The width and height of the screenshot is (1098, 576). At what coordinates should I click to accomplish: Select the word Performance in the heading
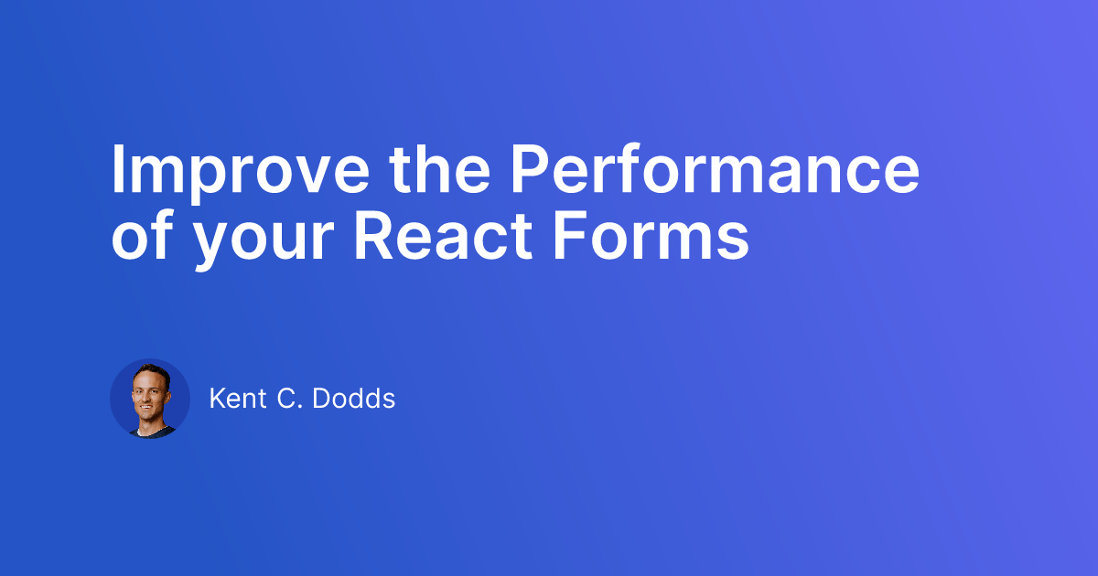[x=714, y=170]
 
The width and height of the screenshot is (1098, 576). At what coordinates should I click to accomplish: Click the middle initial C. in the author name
[x=296, y=399]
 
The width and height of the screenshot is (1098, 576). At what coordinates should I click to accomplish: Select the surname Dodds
[x=358, y=399]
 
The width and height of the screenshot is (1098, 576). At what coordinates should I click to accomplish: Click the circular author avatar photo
[x=150, y=399]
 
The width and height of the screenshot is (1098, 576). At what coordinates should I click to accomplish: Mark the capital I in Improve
[x=117, y=170]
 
